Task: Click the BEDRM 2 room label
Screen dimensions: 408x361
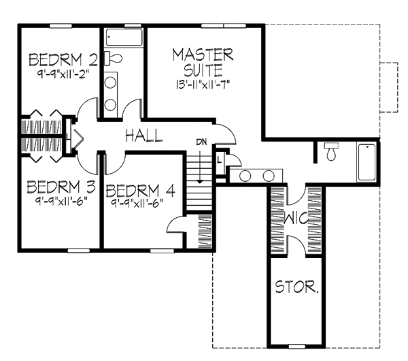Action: click(x=63, y=60)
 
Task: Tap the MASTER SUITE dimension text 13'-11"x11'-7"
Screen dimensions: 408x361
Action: click(x=203, y=84)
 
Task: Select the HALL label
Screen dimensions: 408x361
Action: click(x=144, y=136)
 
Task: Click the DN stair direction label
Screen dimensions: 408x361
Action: click(x=201, y=142)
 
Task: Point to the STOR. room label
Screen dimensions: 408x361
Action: click(x=296, y=287)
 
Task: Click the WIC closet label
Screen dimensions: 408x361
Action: click(x=296, y=218)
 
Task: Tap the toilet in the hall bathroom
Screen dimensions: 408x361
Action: click(x=113, y=58)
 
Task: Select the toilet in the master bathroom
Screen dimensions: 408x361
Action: click(x=331, y=151)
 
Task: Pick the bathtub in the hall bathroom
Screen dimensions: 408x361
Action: click(x=124, y=37)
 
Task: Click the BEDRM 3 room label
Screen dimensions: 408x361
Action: click(x=61, y=187)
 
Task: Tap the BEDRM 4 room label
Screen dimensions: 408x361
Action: click(x=141, y=191)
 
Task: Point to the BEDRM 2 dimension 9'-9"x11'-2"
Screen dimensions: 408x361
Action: click(x=63, y=75)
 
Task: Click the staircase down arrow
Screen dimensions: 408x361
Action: click(x=199, y=165)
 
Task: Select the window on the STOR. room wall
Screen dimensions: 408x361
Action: click(x=297, y=347)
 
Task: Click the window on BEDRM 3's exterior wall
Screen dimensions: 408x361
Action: click(x=79, y=251)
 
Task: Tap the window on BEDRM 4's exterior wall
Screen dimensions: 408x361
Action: click(x=162, y=251)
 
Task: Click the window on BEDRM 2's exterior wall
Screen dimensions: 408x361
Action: click(x=61, y=26)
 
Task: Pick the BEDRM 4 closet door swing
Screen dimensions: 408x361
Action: click(x=175, y=223)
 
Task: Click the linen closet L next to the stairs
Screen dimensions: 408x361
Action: click(x=220, y=160)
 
